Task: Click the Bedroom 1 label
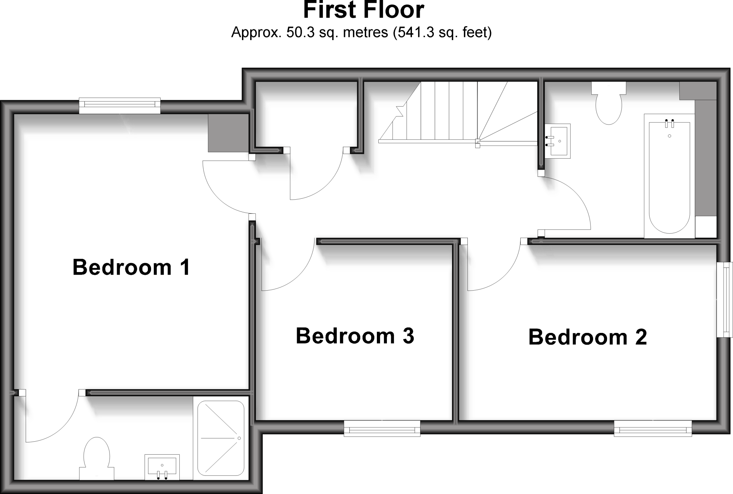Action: click(x=131, y=267)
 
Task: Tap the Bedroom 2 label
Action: click(x=588, y=337)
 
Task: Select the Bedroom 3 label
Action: click(x=355, y=336)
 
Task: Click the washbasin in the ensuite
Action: click(x=162, y=467)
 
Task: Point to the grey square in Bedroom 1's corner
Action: click(x=228, y=133)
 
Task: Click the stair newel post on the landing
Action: click(x=477, y=143)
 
